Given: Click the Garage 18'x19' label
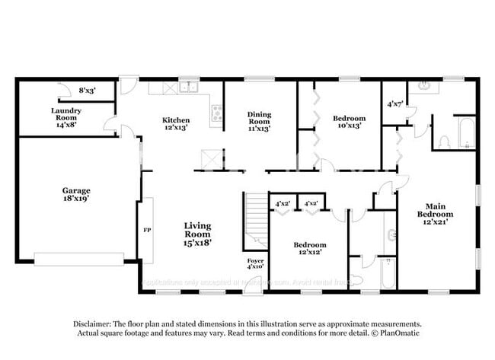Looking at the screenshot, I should pyautogui.click(x=76, y=194).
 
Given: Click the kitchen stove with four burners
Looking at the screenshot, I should pyautogui.click(x=216, y=114).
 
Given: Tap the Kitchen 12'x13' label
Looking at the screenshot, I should pyautogui.click(x=176, y=124).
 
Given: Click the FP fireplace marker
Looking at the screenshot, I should pyautogui.click(x=147, y=228).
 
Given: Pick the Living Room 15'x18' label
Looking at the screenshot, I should pyautogui.click(x=197, y=234).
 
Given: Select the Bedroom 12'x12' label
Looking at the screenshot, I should pyautogui.click(x=310, y=248).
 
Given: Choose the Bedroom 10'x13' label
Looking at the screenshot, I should pyautogui.click(x=350, y=122).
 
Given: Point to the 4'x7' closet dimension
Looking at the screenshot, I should pyautogui.click(x=394, y=104).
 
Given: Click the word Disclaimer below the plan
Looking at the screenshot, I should pyautogui.click(x=93, y=323).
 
